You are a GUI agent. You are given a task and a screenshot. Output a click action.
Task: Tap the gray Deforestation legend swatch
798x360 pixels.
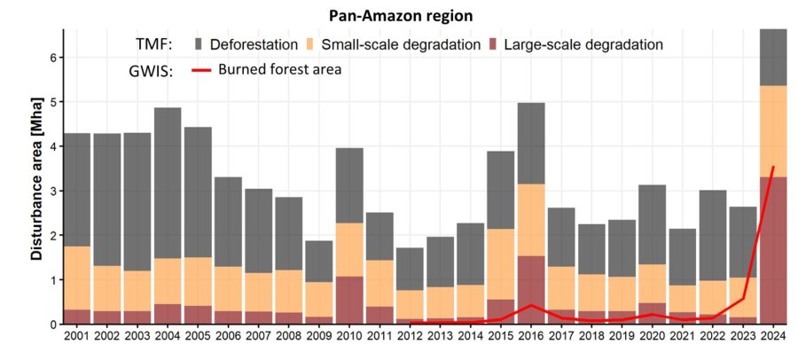coord(199,43)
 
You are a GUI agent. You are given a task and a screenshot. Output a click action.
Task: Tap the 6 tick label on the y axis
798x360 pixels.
coord(53,58)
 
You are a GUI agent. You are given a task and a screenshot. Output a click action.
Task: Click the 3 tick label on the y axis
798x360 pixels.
coord(53,191)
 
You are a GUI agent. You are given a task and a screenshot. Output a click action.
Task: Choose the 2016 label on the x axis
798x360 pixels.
coord(531,339)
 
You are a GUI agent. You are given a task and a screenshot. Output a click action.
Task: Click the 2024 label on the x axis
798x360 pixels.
coord(772,339)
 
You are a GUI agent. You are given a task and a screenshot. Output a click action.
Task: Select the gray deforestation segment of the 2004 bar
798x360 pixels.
coord(168,183)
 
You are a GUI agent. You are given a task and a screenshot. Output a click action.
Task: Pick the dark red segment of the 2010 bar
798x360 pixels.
coord(350,300)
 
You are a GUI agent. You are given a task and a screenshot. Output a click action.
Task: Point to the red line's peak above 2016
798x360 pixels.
coord(531,305)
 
